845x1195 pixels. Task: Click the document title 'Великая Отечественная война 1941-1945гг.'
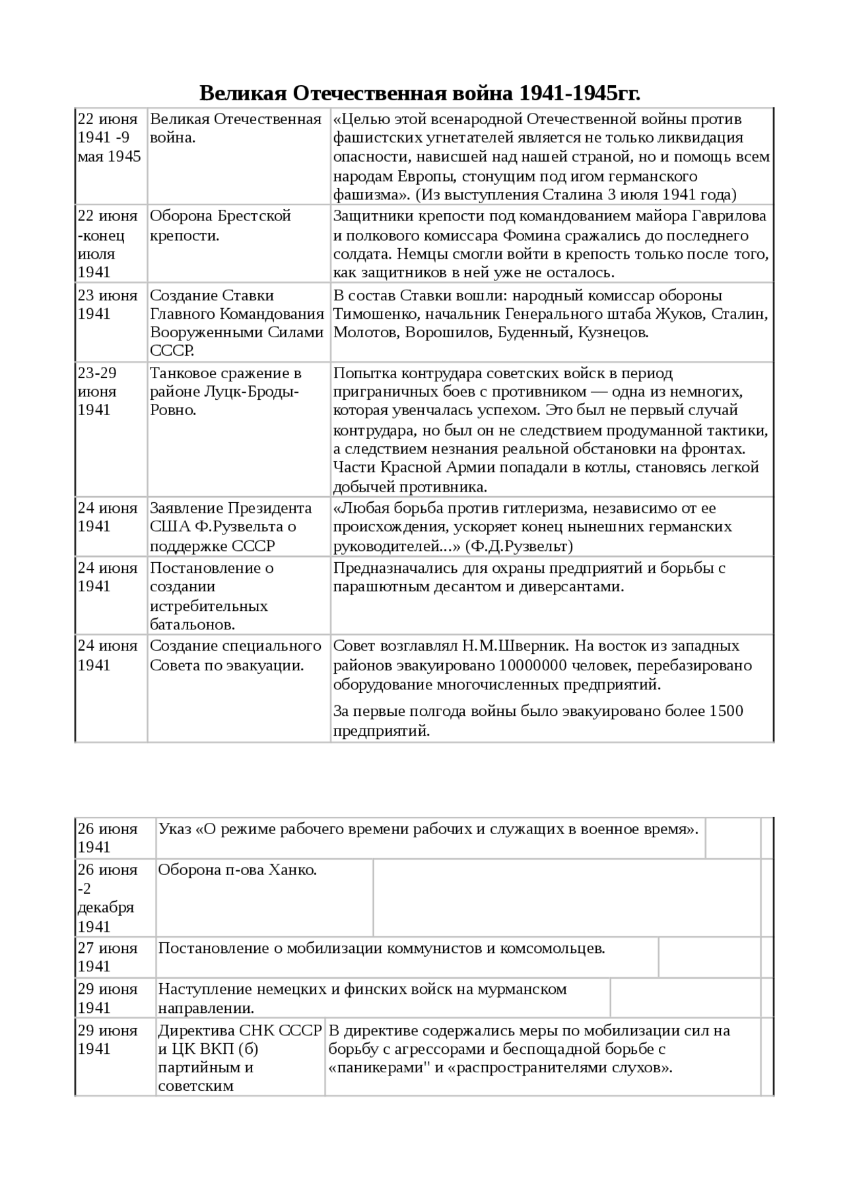420,94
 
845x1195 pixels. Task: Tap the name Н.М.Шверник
508,646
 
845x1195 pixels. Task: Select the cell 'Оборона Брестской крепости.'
220,226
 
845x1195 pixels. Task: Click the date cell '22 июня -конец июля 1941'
108,244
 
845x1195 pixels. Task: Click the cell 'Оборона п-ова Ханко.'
238,870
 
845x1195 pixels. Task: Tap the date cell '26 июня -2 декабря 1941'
108,898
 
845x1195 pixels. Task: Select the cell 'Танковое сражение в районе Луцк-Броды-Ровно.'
226,392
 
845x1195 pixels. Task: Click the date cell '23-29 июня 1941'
98,392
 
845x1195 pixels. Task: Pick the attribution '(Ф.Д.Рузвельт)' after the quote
519,546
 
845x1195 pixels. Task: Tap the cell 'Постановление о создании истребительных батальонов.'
211,596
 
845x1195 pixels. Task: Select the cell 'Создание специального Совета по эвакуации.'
236,656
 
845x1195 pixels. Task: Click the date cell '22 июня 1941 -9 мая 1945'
110,138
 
